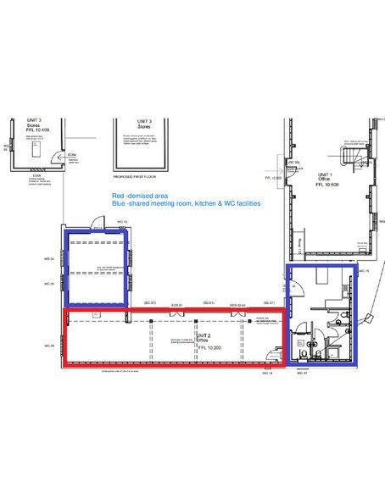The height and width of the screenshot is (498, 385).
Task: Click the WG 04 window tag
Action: (x=51, y=258)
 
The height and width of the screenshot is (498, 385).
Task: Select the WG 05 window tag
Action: (x=51, y=284)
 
